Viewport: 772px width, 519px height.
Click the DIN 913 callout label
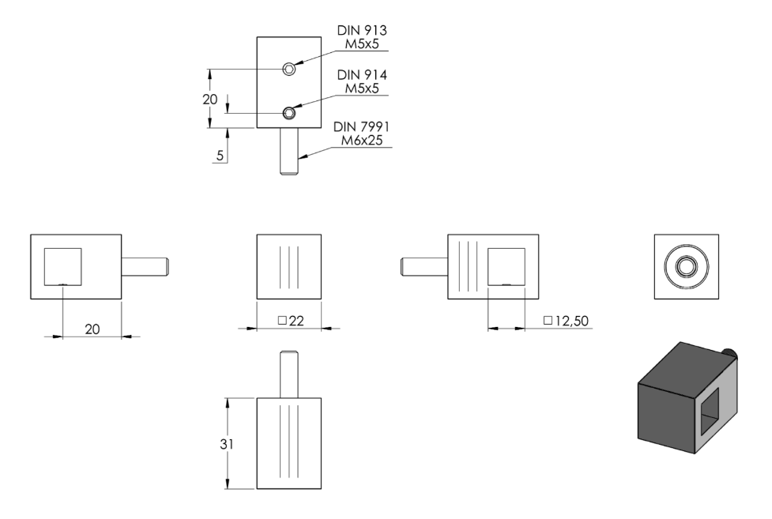[362, 31]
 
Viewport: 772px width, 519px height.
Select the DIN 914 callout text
[362, 75]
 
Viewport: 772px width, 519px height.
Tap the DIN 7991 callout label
[361, 126]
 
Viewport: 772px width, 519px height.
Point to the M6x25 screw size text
[362, 141]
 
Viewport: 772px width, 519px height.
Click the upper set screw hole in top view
[289, 69]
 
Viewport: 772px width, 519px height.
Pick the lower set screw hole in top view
[289, 114]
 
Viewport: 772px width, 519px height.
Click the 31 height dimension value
[227, 444]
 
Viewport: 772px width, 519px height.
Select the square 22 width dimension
[291, 321]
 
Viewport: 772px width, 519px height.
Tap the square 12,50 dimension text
[566, 321]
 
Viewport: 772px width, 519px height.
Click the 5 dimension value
[220, 156]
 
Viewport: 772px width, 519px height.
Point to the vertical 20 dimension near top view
[209, 100]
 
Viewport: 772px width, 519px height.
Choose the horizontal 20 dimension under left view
[92, 329]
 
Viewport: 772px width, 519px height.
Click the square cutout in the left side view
[63, 267]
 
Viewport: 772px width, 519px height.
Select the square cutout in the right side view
[507, 267]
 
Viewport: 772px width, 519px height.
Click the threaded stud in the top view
[289, 151]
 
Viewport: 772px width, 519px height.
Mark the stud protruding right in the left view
[145, 266]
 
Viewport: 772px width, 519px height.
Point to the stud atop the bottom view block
[289, 374]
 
